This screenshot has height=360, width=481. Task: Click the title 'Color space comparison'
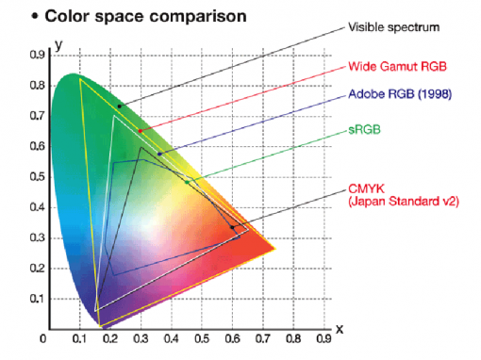pyautogui.click(x=132, y=16)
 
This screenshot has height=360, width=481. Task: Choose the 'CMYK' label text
pyautogui.click(x=366, y=187)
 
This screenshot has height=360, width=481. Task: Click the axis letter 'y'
pyautogui.click(x=58, y=44)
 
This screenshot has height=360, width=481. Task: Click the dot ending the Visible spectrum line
pyautogui.click(x=119, y=106)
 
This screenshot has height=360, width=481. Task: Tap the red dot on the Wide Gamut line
pyautogui.click(x=141, y=131)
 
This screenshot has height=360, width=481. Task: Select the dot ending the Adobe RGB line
pyautogui.click(x=159, y=154)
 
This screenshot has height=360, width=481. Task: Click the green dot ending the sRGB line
pyautogui.click(x=187, y=182)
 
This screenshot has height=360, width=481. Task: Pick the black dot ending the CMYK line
pyautogui.click(x=232, y=227)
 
